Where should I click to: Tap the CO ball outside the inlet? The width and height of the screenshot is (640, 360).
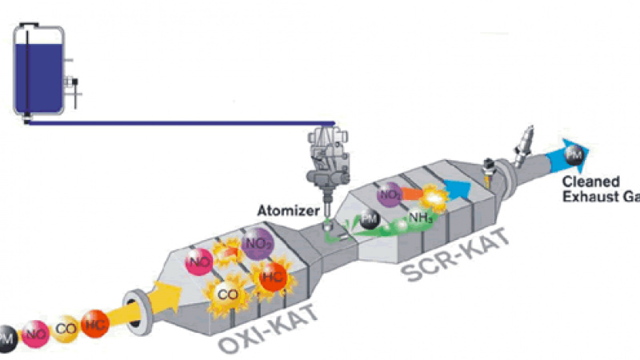[x=65, y=328]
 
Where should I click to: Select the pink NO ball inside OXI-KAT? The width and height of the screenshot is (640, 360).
[x=198, y=261]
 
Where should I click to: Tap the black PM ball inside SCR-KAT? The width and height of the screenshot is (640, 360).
[x=370, y=219]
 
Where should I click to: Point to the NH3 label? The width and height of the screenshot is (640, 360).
[x=422, y=216]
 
